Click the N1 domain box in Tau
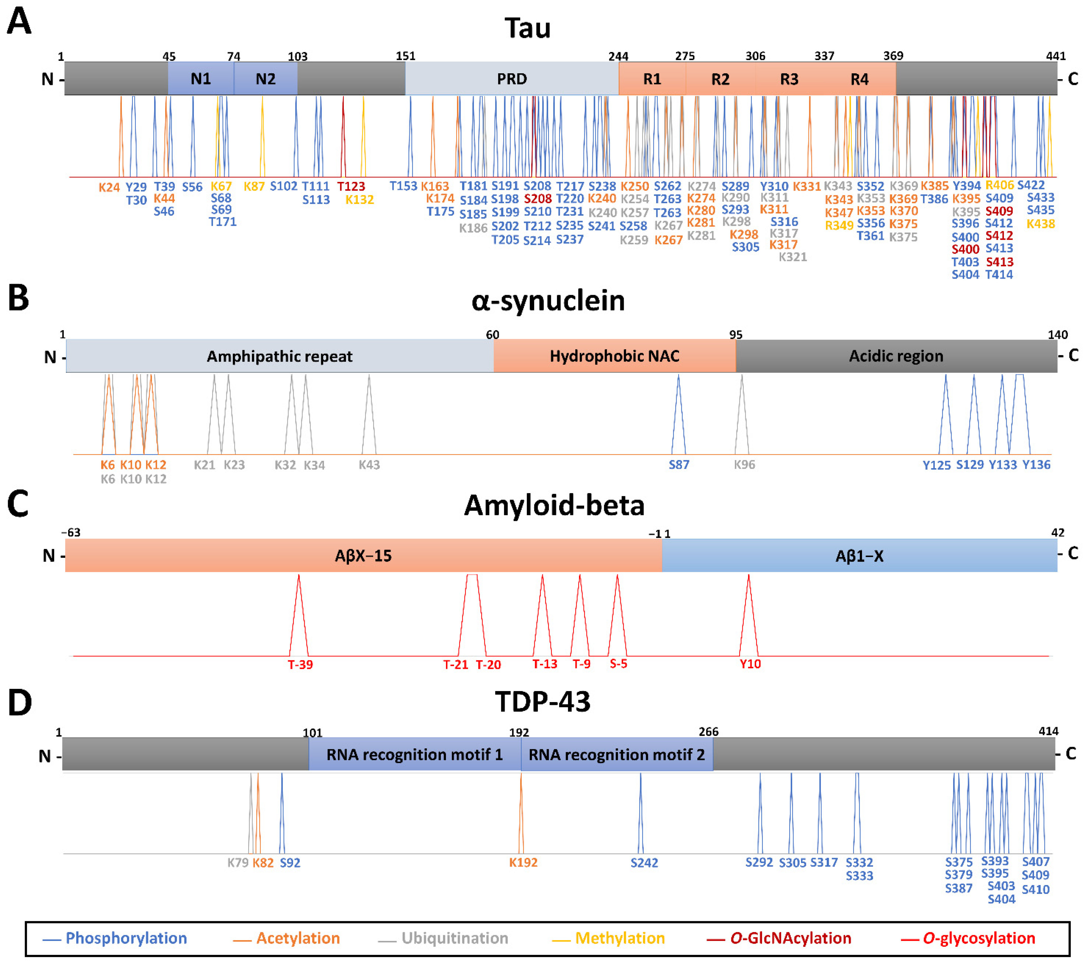pyautogui.click(x=200, y=79)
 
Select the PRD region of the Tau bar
pyautogui.click(x=512, y=79)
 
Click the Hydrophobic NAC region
pyautogui.click(x=614, y=356)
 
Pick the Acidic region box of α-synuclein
pyautogui.click(x=896, y=356)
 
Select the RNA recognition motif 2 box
pyautogui.click(x=616, y=754)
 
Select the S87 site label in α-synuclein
pyautogui.click(x=678, y=464)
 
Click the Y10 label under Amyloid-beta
pyautogui.click(x=750, y=664)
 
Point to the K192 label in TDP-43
pyautogui.click(x=523, y=862)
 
